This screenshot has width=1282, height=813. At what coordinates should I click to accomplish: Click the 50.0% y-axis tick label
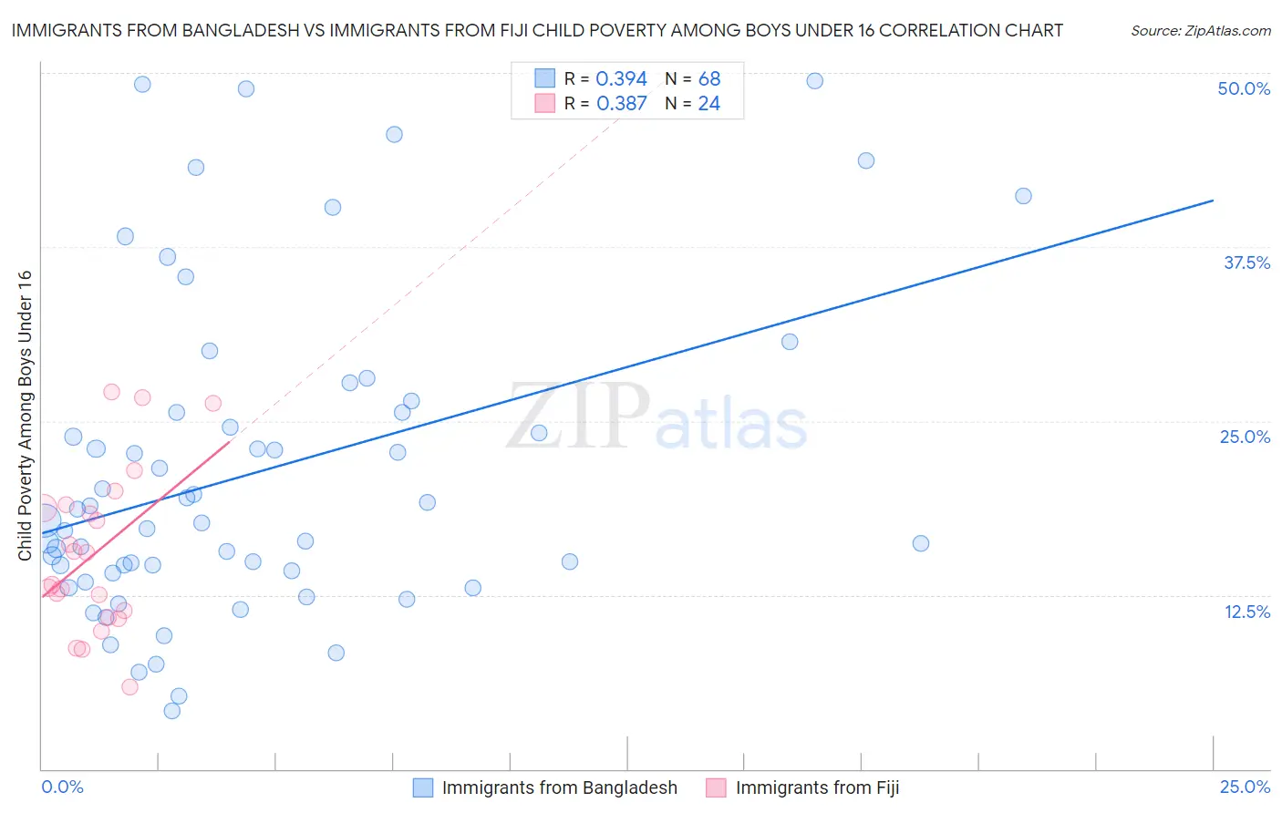point(1244,88)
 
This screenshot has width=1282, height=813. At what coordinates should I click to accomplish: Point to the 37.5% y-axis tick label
point(1246,262)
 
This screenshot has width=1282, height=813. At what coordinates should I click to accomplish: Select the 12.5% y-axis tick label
point(1246,612)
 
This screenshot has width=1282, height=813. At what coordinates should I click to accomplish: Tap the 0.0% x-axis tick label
point(62,787)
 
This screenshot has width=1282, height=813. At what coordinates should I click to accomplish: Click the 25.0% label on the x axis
point(1245,787)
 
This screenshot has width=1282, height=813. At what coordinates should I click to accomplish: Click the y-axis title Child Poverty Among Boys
point(25,416)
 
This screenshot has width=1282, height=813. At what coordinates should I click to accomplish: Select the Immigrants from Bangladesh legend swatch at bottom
point(423,787)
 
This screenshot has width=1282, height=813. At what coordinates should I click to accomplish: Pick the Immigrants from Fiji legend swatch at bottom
point(717,787)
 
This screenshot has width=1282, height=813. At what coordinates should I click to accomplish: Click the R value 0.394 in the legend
point(621,79)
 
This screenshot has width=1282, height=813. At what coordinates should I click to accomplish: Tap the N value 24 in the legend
point(708,104)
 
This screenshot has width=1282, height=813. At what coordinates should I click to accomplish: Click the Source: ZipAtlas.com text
point(1200,31)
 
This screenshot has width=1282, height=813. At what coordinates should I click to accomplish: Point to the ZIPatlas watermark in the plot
point(657,417)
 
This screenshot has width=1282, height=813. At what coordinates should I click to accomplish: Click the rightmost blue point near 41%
point(1023,196)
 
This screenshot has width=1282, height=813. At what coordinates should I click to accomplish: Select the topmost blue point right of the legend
point(815,81)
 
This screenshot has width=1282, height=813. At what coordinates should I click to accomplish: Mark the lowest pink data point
point(129,687)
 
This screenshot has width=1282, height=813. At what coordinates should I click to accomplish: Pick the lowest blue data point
point(171,711)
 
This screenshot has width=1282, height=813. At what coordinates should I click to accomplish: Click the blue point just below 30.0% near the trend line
point(790,342)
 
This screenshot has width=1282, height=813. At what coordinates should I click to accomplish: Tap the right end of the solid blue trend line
point(1213,201)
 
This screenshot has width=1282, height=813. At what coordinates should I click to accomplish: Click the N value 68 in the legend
point(708,79)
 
